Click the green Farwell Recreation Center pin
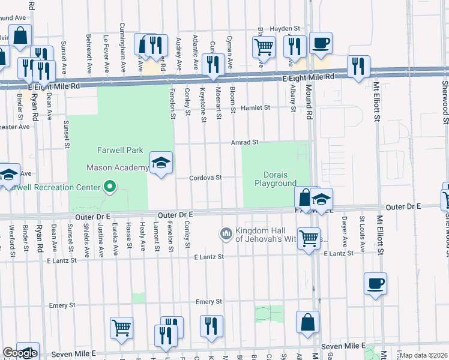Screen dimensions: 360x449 (x=109, y=187)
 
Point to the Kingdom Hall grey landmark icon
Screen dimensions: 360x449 (x=226, y=232)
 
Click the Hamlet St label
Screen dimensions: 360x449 (x=256, y=107)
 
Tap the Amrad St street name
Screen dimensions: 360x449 (x=245, y=142)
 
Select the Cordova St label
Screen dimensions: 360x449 (x=206, y=178)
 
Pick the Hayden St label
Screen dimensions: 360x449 (x=285, y=28)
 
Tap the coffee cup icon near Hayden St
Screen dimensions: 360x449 (x=321, y=43)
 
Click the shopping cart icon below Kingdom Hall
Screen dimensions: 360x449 (x=309, y=239)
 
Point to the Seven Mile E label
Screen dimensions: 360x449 (x=343, y=346)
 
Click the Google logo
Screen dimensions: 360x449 (x=20, y=353)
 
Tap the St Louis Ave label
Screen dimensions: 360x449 (x=362, y=229)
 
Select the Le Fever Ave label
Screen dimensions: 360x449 (x=106, y=49)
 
